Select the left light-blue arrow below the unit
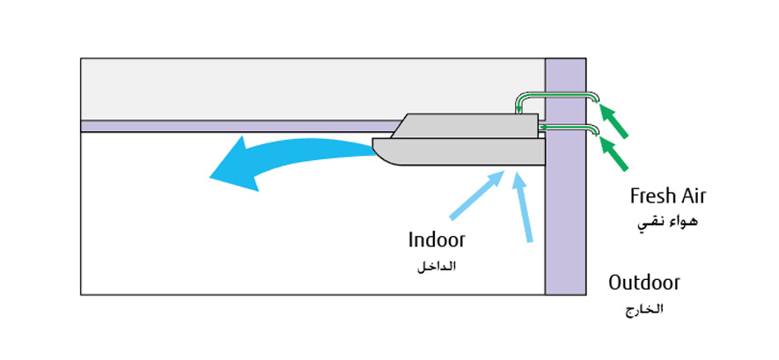(476, 195)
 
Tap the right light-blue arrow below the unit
(523, 206)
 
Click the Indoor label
(437, 239)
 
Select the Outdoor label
(644, 283)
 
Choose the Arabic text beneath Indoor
(437, 266)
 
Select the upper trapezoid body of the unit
(467, 126)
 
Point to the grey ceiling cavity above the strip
(264, 88)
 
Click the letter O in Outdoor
(616, 283)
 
